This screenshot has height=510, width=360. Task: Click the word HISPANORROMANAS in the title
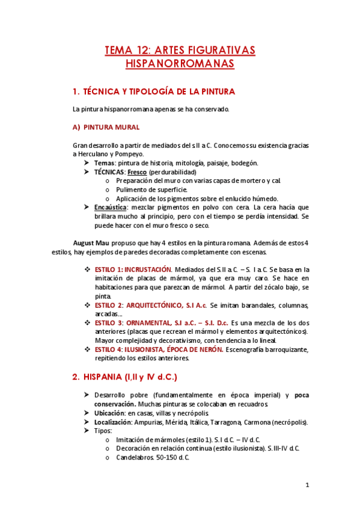[180, 63]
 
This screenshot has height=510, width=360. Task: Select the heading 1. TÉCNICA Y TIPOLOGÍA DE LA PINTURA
[153, 92]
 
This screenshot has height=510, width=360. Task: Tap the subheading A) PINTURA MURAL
[106, 127]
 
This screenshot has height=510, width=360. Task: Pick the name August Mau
[91, 242]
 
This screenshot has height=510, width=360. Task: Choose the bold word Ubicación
[109, 413]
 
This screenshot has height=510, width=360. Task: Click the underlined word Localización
[113, 422]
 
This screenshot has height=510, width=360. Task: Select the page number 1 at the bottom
[307, 485]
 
